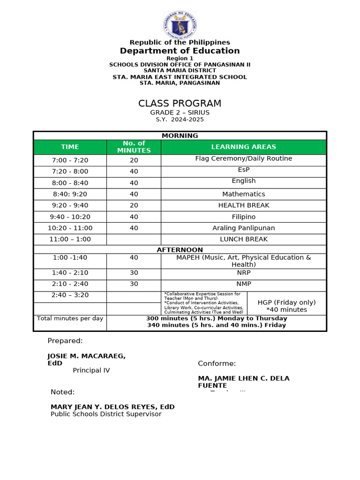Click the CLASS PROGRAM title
pos(180,104)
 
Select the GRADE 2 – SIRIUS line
pos(180,112)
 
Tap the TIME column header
pos(70,147)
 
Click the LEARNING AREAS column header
pos(243,147)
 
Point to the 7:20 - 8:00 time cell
pos(70,172)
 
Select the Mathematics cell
pos(243,194)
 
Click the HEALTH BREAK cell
pos(243,205)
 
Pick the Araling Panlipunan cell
pos(243,228)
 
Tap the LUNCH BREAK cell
pos(243,239)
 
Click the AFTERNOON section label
pos(180,250)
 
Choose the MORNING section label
pos(180,135)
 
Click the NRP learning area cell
pos(243,273)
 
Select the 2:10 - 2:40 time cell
pos(70,284)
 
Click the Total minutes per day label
pos(70,319)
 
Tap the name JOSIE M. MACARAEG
pos(86,356)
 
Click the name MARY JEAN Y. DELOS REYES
pos(112,407)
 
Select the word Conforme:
pos(217,364)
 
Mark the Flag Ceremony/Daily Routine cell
pos(243,159)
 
